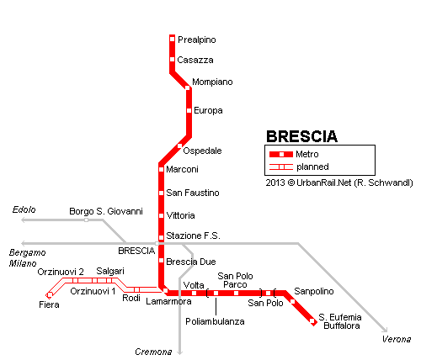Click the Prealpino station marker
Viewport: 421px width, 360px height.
pyautogui.click(x=173, y=40)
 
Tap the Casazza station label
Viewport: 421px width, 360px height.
pyautogui.click(x=195, y=60)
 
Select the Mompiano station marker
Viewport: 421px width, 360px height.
pyautogui.click(x=188, y=87)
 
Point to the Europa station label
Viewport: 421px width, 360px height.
pyautogui.click(x=208, y=110)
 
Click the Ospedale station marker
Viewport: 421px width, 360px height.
pyautogui.click(x=179, y=146)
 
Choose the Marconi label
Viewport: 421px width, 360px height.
pyautogui.click(x=182, y=169)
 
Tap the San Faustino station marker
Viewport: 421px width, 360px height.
pyautogui.click(x=161, y=193)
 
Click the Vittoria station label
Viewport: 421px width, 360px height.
pyautogui.click(x=180, y=215)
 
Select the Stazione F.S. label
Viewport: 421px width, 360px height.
pyautogui.click(x=193, y=236)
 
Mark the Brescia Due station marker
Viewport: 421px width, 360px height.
pyautogui.click(x=161, y=261)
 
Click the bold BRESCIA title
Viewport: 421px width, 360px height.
pyautogui.click(x=301, y=136)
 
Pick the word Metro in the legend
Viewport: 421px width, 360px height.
pyautogui.click(x=307, y=154)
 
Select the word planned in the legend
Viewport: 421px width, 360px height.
pyautogui.click(x=312, y=167)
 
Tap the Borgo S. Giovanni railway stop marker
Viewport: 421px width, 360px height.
pyautogui.click(x=86, y=220)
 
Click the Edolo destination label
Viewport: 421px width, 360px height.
pyautogui.click(x=24, y=209)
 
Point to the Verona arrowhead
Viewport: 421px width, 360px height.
pyautogui.click(x=386, y=330)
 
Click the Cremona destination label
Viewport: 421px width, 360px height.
pyautogui.click(x=153, y=352)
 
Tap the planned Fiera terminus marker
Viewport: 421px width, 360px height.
pyautogui.click(x=49, y=295)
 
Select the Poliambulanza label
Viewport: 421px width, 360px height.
pyautogui.click(x=215, y=321)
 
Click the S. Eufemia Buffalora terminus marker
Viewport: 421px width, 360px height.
pyautogui.click(x=312, y=320)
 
